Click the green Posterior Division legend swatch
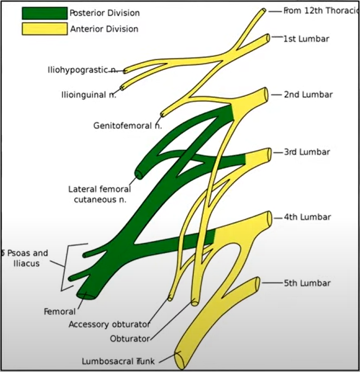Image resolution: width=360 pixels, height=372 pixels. (x=45, y=13)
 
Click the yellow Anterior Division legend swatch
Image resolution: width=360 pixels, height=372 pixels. (x=45, y=28)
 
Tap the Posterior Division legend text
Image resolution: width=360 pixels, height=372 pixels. (x=105, y=13)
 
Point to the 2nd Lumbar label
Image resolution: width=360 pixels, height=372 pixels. (x=308, y=94)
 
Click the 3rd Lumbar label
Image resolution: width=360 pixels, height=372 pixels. (x=307, y=152)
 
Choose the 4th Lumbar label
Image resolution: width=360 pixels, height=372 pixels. (x=307, y=217)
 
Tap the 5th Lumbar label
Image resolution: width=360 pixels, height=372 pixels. (x=307, y=283)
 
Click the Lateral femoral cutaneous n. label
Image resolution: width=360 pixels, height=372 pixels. (x=100, y=194)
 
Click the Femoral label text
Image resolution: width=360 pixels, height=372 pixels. (x=59, y=312)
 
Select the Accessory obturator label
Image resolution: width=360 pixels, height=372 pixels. (x=109, y=325)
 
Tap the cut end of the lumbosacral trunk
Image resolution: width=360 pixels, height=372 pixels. (x=179, y=360)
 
